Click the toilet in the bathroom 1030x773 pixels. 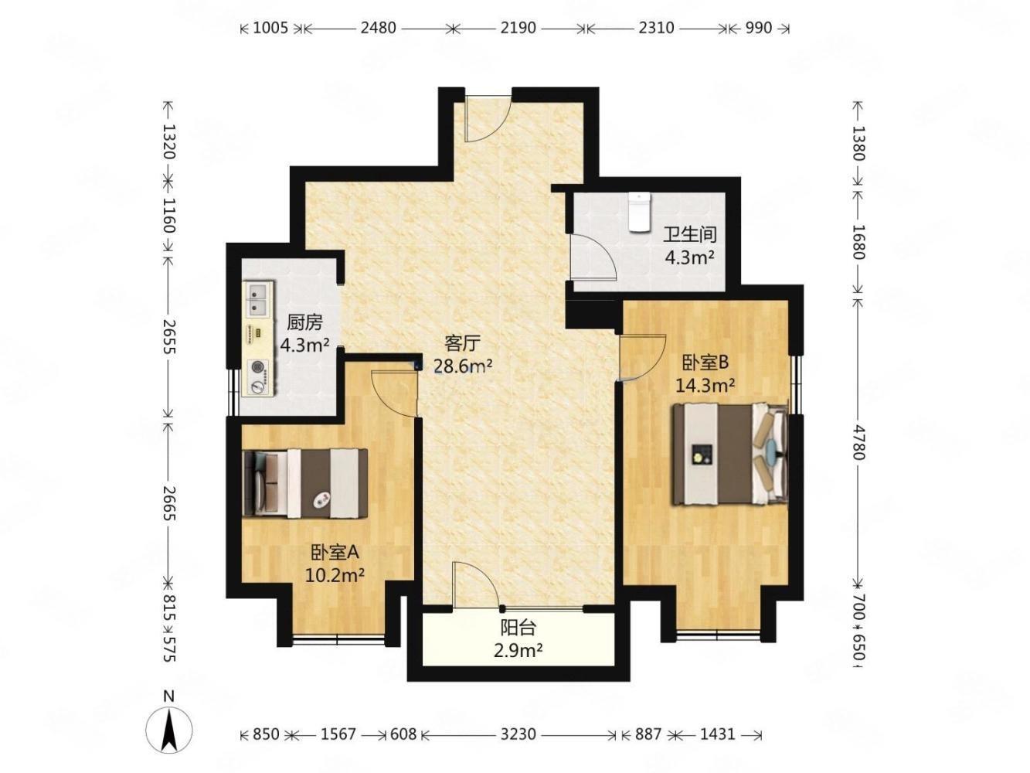640,212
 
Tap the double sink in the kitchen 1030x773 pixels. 257,298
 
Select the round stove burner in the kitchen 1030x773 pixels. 257,366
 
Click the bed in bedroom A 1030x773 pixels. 305,483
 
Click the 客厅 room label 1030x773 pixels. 462,344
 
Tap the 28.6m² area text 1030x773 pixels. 462,366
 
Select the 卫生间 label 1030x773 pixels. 689,234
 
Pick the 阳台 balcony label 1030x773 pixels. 518,627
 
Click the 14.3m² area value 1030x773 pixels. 705,385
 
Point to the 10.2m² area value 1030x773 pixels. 335,574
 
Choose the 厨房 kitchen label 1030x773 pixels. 304,322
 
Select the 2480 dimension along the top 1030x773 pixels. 378,28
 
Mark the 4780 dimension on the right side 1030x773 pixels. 858,442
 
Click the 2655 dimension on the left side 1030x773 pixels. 168,336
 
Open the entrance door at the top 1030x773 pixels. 488,118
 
